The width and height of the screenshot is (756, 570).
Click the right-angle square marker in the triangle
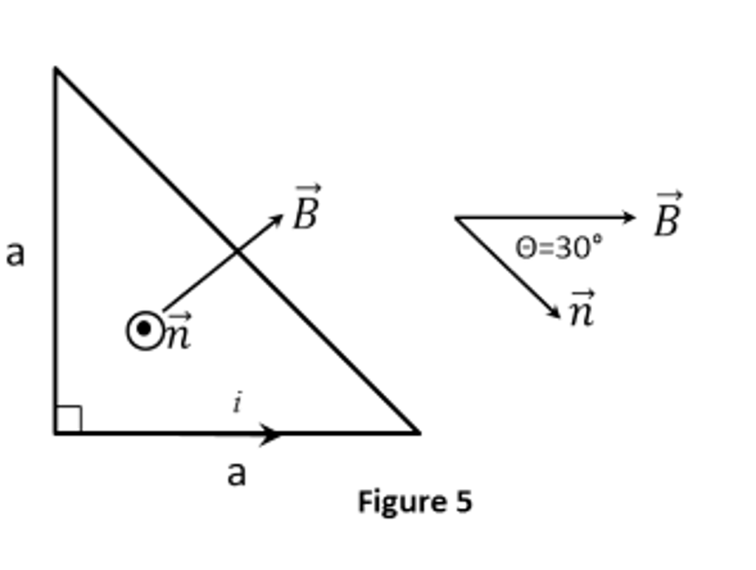coord(68,419)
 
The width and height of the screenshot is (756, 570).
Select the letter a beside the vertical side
coord(16,253)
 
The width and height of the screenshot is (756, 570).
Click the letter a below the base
coord(236,473)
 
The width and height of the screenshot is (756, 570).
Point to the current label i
coord(237,403)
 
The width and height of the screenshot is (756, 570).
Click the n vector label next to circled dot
coord(177,332)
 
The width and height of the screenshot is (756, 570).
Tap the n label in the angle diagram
coord(583,309)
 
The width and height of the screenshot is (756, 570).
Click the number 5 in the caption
coord(463,502)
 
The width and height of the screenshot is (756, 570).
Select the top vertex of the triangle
coord(55,69)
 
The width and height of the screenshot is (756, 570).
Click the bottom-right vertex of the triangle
coord(419,433)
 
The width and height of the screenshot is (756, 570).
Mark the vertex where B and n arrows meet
coord(456,217)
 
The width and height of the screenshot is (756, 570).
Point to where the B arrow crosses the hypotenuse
coord(237,252)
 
